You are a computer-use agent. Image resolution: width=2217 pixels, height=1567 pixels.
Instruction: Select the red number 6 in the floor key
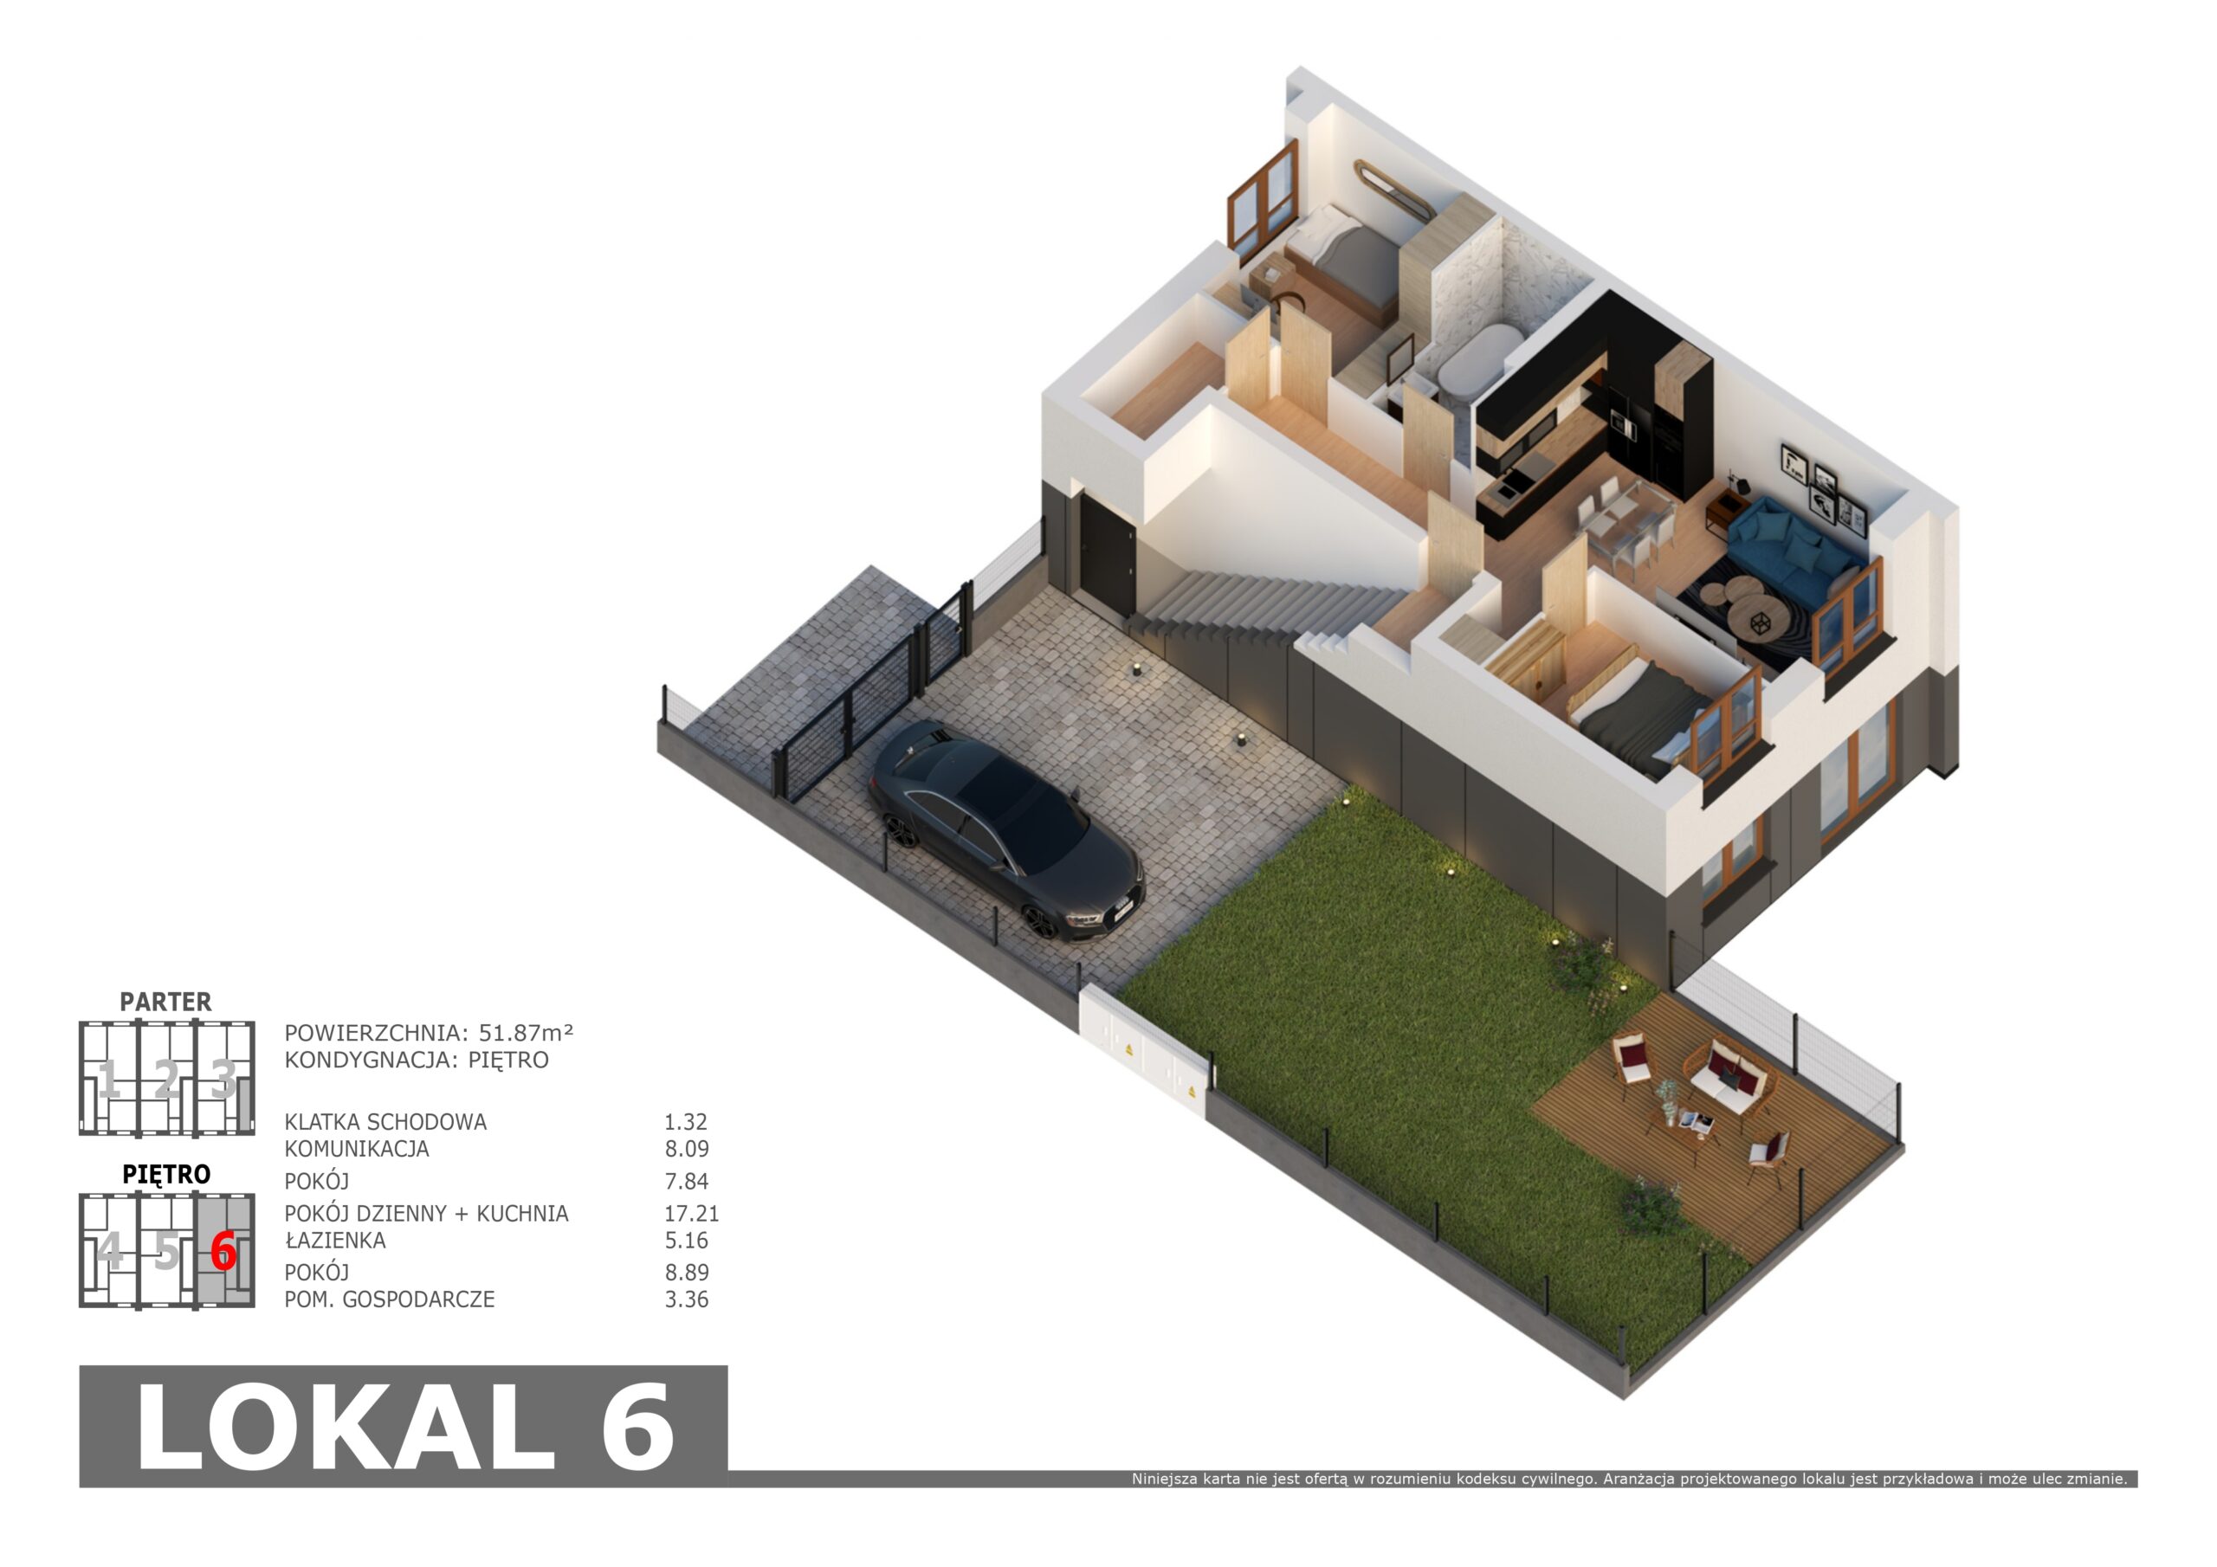coord(223,1251)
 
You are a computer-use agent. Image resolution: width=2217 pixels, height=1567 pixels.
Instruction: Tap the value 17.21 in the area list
coord(691,1213)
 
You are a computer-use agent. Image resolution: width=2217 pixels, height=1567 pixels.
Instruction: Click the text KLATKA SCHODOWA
coord(385,1122)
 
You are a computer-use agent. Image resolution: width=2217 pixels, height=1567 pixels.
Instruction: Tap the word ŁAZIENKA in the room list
coord(335,1240)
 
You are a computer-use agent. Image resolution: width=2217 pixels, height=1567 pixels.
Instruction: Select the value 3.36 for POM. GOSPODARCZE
coord(687,1299)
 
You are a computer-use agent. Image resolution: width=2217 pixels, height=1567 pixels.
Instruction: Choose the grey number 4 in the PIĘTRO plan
coord(110,1251)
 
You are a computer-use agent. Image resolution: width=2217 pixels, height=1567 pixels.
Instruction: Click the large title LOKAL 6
coord(404,1426)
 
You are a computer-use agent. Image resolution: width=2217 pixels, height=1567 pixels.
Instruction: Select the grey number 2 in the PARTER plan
coord(166,1079)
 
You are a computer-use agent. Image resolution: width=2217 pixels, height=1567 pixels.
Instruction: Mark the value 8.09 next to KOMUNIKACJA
coord(687,1149)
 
